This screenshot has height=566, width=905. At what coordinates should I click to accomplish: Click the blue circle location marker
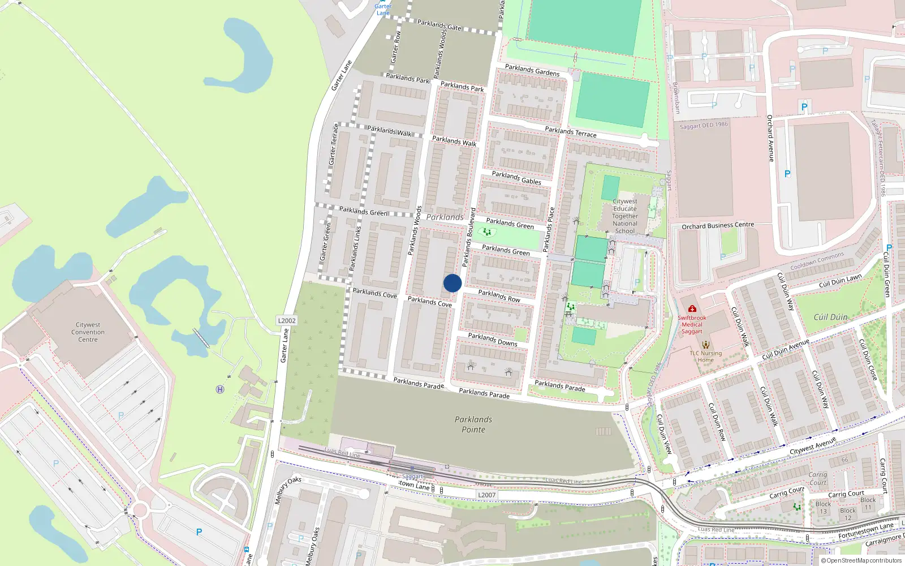(x=453, y=283)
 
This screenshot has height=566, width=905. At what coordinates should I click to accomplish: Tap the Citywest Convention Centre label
(x=88, y=332)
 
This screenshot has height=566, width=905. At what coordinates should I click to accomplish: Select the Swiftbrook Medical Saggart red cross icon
(x=692, y=309)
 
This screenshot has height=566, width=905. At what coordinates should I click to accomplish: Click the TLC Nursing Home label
(x=705, y=357)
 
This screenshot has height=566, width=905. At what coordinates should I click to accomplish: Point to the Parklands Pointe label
(x=473, y=424)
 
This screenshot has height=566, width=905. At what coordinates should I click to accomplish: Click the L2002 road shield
(x=287, y=320)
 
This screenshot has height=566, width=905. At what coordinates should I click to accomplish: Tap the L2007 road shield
(x=486, y=495)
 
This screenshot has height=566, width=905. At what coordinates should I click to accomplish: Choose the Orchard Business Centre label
(x=718, y=225)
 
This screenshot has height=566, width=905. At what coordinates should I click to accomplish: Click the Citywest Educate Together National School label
(x=625, y=216)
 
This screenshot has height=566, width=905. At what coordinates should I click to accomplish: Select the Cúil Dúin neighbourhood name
(x=830, y=317)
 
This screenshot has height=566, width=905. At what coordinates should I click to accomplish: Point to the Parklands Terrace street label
(x=570, y=132)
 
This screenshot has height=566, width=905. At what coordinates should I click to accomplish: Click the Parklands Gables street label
(x=516, y=178)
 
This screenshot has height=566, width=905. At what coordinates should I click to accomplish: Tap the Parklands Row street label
(x=499, y=295)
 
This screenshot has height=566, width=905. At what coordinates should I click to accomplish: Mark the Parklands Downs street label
(x=492, y=339)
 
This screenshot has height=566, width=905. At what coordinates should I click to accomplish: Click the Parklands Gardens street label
(x=532, y=70)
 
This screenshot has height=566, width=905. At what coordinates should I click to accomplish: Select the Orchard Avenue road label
(x=770, y=138)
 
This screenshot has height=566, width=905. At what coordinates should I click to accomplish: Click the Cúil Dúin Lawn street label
(x=840, y=281)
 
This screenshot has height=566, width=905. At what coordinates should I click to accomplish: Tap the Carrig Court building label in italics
(x=818, y=479)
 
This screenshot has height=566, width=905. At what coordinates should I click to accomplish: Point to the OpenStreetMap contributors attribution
(x=861, y=560)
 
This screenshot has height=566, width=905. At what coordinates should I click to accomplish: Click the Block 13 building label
(x=823, y=508)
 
